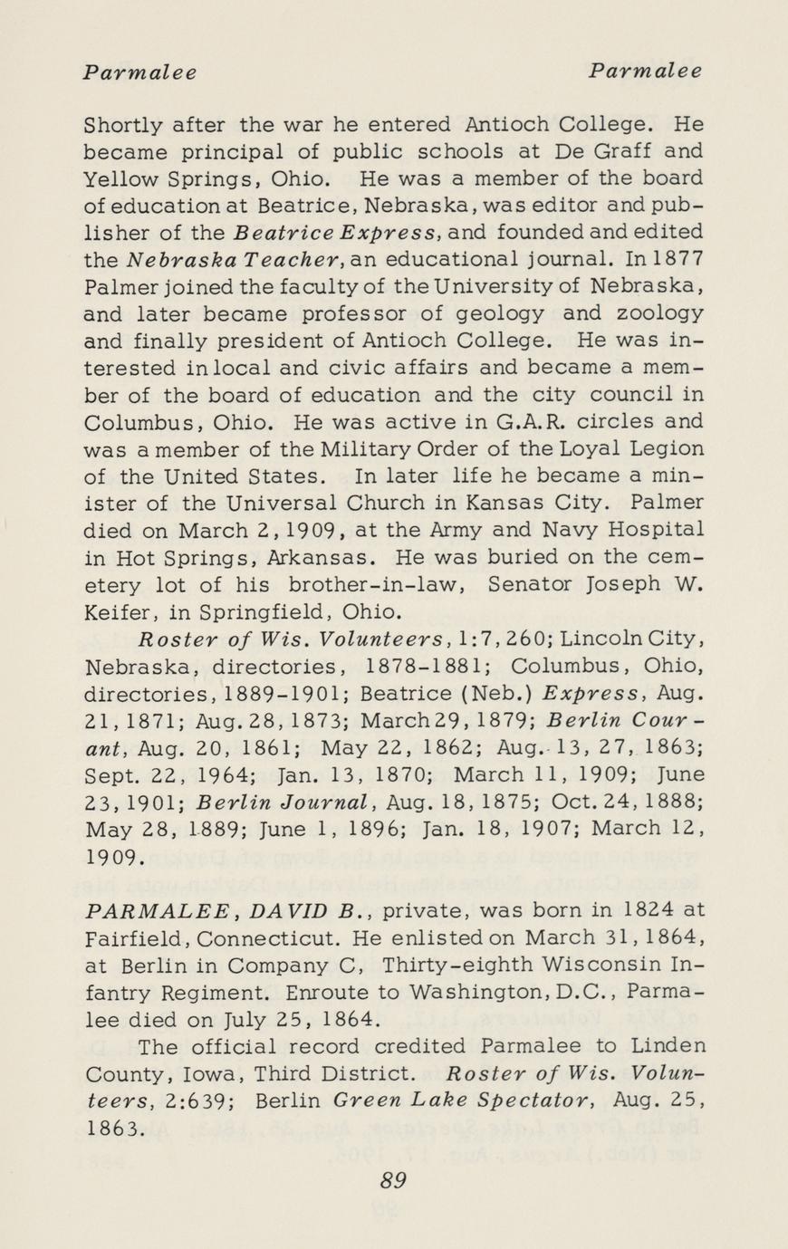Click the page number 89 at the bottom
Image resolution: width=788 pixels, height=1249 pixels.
coord(393,1179)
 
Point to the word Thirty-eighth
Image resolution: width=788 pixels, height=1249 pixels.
coord(476,964)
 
